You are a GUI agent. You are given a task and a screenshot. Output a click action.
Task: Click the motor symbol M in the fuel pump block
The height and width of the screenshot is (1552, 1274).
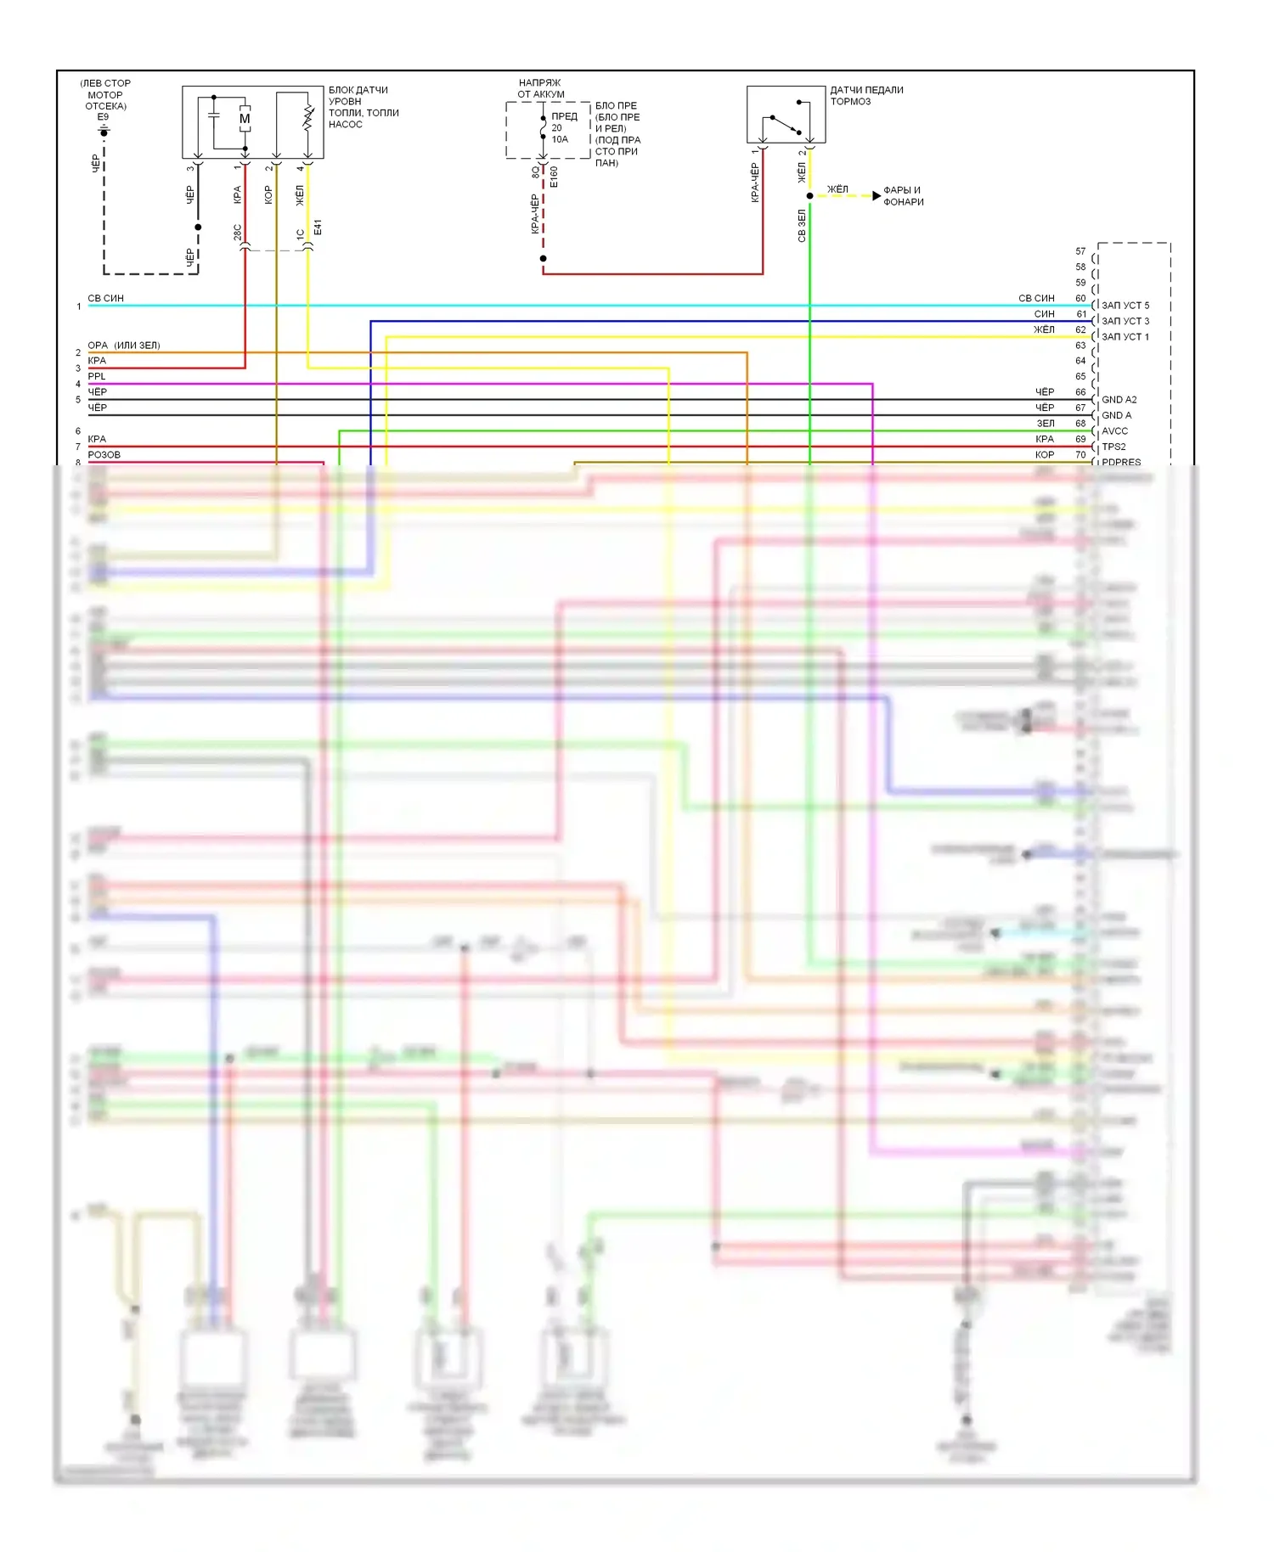tap(245, 119)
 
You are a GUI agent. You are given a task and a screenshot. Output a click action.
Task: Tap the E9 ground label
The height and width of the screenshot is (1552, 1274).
tap(103, 117)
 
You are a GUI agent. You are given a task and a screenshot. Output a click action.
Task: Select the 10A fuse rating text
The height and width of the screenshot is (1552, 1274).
tap(560, 139)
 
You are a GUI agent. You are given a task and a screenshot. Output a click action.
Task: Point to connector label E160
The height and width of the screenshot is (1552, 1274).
tap(554, 177)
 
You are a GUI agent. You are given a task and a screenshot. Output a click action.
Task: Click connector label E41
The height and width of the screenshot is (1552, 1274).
tap(318, 227)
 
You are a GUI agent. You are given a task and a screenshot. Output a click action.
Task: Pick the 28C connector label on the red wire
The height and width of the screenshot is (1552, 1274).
tap(238, 232)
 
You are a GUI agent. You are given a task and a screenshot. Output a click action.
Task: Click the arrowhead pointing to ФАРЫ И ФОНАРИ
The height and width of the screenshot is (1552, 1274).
tap(877, 196)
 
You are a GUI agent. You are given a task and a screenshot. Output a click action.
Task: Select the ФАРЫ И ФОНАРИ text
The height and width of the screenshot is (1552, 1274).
tap(903, 196)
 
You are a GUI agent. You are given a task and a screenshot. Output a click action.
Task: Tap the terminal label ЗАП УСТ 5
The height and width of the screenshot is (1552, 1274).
tap(1125, 306)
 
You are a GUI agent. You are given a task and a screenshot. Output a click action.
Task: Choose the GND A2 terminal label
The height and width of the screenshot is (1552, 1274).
tap(1119, 400)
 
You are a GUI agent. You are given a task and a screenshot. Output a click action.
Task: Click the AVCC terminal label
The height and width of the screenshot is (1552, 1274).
tap(1114, 431)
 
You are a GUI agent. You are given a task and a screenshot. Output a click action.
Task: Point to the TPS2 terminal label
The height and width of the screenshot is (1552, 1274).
tap(1113, 447)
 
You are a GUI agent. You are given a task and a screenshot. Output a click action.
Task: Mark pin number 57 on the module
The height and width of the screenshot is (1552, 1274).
tap(1080, 251)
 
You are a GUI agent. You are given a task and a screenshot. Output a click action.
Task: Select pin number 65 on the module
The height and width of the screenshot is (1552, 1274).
tap(1080, 376)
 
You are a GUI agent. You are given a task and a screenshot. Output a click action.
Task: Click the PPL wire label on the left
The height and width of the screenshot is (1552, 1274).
tap(97, 376)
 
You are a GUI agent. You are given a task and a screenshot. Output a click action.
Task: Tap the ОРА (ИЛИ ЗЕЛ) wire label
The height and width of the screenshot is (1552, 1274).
tap(123, 346)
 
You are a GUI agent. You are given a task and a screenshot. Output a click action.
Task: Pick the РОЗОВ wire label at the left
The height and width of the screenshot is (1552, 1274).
tap(104, 455)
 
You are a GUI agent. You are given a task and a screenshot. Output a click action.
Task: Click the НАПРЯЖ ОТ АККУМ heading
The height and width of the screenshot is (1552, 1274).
tap(540, 88)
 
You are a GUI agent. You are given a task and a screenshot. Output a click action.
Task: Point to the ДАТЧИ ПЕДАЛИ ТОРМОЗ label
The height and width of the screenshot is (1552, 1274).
tap(865, 95)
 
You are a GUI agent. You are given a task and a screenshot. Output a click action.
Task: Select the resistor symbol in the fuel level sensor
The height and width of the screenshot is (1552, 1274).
tap(307, 117)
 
